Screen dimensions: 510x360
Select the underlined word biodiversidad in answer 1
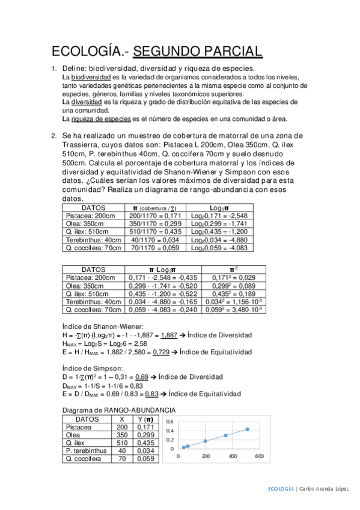(x=90, y=78)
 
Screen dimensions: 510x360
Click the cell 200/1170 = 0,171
(x=156, y=215)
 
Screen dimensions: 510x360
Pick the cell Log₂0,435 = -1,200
(x=219, y=231)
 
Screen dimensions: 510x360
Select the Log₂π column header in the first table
(x=218, y=207)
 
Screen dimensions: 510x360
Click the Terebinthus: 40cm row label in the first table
(x=93, y=239)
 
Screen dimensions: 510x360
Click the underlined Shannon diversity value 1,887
(x=169, y=335)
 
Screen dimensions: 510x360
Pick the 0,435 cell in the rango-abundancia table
(x=142, y=442)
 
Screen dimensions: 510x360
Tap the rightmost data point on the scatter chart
(x=247, y=429)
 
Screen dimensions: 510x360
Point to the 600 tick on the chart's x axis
(x=259, y=456)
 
